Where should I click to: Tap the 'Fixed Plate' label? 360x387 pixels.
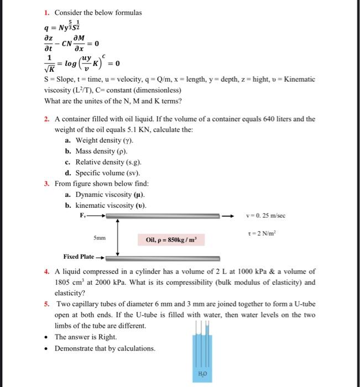pyautogui.click(x=78, y=257)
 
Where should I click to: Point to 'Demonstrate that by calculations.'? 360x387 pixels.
pyautogui.click(x=105, y=348)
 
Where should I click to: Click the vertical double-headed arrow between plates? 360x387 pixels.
pyautogui.click(x=118, y=238)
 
